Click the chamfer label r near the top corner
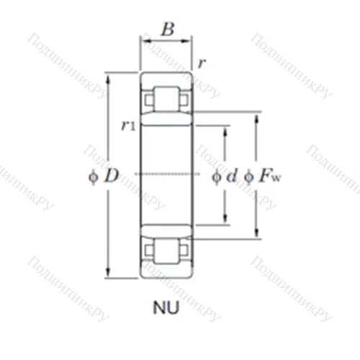(x=202, y=63)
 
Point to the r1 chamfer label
(x=129, y=125)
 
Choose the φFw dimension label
(x=261, y=175)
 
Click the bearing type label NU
(x=166, y=310)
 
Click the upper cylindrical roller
(x=166, y=99)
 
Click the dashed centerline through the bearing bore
(x=166, y=174)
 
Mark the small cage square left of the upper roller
(x=149, y=99)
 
